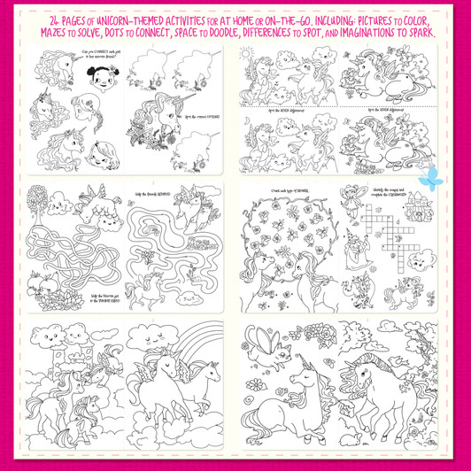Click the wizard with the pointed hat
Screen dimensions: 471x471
tap(363, 251)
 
